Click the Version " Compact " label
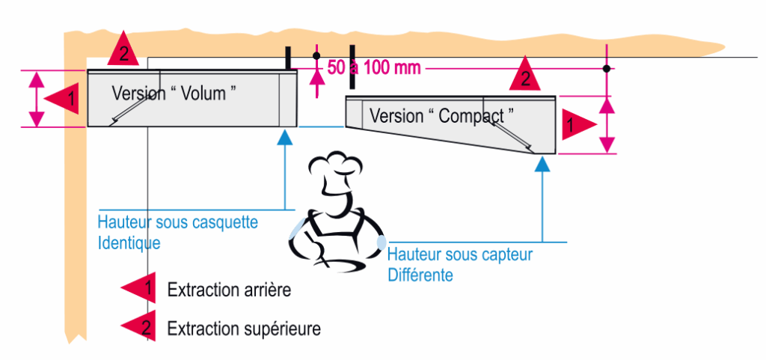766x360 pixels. pos(442,116)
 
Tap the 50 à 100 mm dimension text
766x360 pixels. pos(374,68)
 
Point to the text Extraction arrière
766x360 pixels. pos(228,290)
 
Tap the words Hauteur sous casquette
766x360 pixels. pos(178,222)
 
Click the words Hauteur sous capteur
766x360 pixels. pos(460,254)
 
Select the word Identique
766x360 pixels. pos(129,243)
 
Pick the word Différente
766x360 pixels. pos(420,275)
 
